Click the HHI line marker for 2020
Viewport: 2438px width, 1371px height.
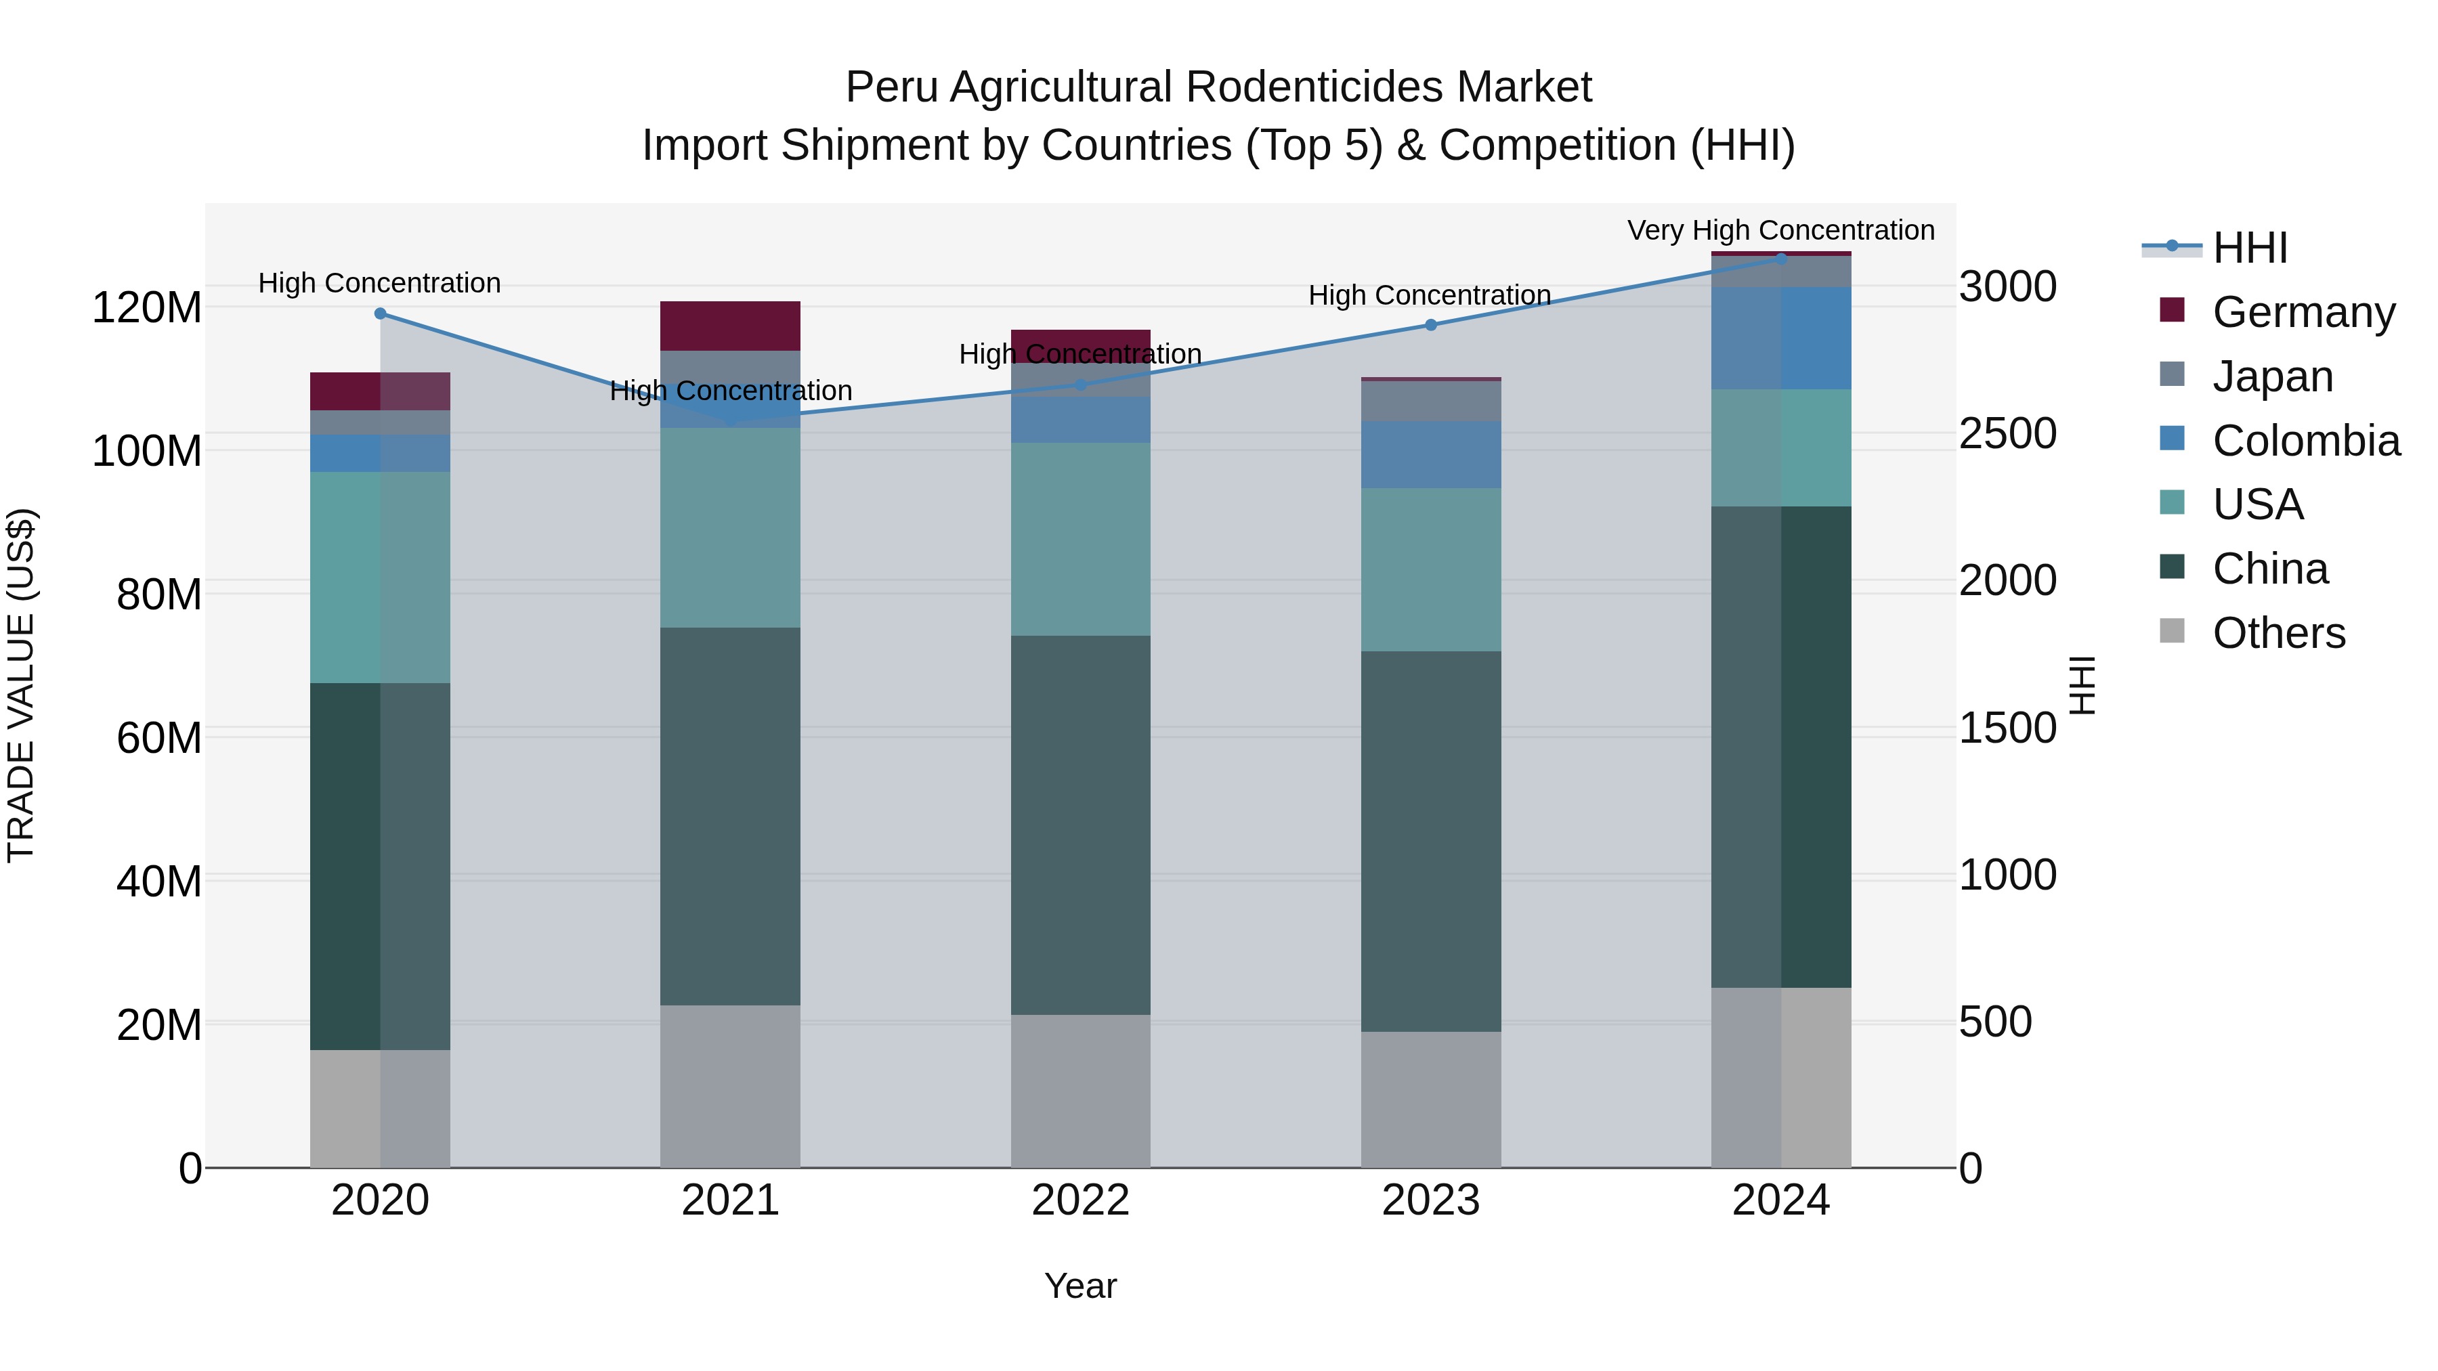381,313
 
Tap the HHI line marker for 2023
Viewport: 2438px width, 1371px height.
1430,324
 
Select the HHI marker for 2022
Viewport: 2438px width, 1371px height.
1081,385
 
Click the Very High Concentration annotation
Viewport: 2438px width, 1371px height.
1780,230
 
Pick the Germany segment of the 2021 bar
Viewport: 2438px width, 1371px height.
729,326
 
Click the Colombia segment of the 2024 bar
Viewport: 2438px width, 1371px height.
1780,338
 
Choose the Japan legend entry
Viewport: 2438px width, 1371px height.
2272,376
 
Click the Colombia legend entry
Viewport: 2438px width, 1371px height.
2305,440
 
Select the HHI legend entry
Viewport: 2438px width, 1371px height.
2250,248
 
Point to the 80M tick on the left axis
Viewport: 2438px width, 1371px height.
159,594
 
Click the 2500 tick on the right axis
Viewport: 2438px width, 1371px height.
2007,433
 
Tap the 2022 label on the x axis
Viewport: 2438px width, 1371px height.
1080,1200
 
